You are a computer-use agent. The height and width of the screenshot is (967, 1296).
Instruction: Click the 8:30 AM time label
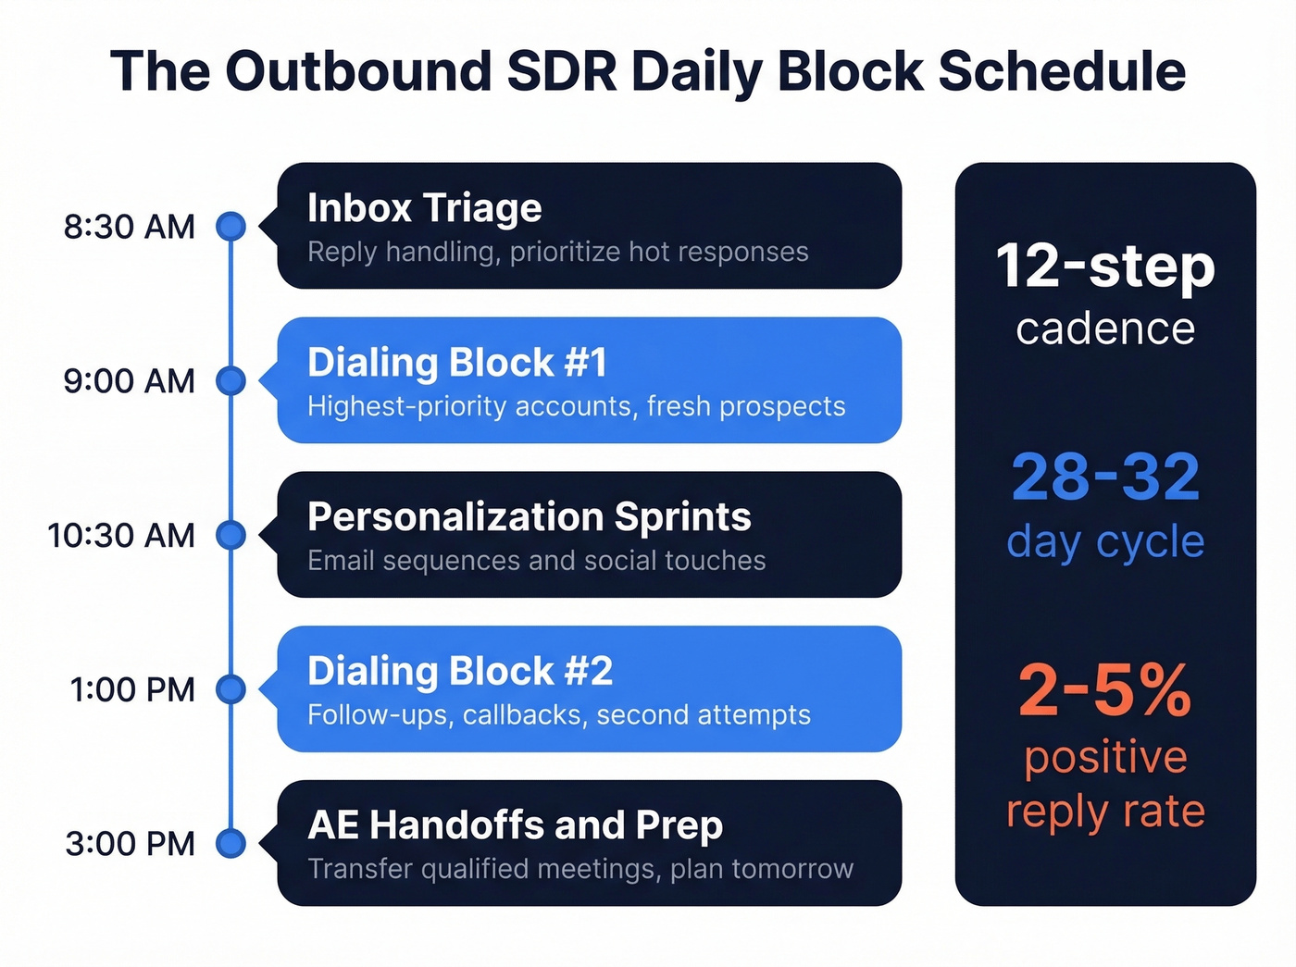point(130,227)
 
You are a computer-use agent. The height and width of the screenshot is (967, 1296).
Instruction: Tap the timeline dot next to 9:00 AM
point(231,380)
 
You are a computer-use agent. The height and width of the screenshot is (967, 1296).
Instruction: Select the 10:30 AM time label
point(121,536)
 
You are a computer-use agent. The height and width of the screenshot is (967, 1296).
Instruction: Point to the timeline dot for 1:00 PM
point(231,689)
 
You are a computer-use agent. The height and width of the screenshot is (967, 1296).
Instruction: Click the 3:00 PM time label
point(131,844)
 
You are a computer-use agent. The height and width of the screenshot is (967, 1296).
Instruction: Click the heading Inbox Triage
point(424,208)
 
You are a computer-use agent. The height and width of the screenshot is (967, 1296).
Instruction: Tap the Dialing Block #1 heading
point(457,363)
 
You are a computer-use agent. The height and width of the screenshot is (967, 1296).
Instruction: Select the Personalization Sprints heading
point(529,517)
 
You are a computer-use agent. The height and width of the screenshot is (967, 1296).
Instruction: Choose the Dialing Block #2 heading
point(460,672)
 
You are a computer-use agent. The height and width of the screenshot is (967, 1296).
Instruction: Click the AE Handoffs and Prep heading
point(515,825)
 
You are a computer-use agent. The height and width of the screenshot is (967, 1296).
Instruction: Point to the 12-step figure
point(1105,267)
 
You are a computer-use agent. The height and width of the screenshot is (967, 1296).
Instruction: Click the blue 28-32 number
point(1105,477)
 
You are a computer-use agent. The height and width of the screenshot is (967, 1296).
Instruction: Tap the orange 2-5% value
point(1105,690)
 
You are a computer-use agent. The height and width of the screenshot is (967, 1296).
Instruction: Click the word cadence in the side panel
point(1105,329)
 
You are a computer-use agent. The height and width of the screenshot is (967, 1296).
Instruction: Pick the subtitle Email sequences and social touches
point(536,561)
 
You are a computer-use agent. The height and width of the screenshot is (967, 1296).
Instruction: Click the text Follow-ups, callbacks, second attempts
point(558,715)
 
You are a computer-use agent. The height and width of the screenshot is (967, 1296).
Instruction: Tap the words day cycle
point(1105,542)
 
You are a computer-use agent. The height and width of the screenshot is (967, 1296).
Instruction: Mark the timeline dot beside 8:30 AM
point(231,226)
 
